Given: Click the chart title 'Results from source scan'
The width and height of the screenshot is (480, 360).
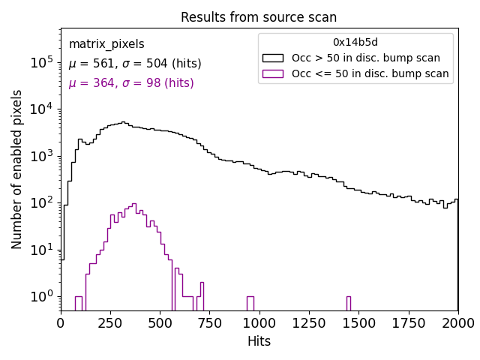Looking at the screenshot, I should tap(259, 17).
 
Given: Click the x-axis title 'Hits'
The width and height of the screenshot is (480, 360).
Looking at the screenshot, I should tap(259, 342).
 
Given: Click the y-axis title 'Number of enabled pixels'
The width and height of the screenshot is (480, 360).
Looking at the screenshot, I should tap(17, 169).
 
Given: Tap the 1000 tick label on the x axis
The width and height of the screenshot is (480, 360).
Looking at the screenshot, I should tap(259, 323).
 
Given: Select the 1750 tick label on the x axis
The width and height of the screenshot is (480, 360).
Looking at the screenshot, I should tap(409, 323).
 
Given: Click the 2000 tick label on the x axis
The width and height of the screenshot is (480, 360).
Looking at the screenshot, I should tap(458, 323).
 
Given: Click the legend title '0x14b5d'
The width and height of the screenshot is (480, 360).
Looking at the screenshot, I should tap(355, 43).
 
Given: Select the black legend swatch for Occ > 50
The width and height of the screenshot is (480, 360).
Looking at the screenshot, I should tap(274, 58).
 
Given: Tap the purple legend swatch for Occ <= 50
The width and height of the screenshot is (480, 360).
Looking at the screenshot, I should tap(274, 73).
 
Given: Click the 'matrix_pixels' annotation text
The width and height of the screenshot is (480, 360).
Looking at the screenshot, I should tap(106, 45).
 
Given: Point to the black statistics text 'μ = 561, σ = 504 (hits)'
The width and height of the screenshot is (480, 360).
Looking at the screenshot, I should tap(131, 64).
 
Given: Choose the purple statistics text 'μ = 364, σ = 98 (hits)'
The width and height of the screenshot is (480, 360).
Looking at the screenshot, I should tap(131, 83).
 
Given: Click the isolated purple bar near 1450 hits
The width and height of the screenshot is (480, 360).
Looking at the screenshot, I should tap(349, 303).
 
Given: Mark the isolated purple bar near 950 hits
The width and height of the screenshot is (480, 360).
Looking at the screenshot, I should tap(250, 303).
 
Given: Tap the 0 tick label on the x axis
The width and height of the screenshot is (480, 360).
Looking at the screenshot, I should tap(61, 323).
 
